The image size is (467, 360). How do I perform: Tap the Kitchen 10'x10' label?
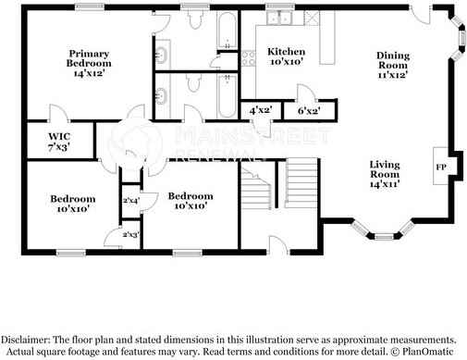[286, 56]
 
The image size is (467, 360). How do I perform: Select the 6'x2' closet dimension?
[308, 110]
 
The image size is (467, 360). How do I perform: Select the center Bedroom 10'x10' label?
[190, 201]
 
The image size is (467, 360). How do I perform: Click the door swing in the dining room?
[422, 18]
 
